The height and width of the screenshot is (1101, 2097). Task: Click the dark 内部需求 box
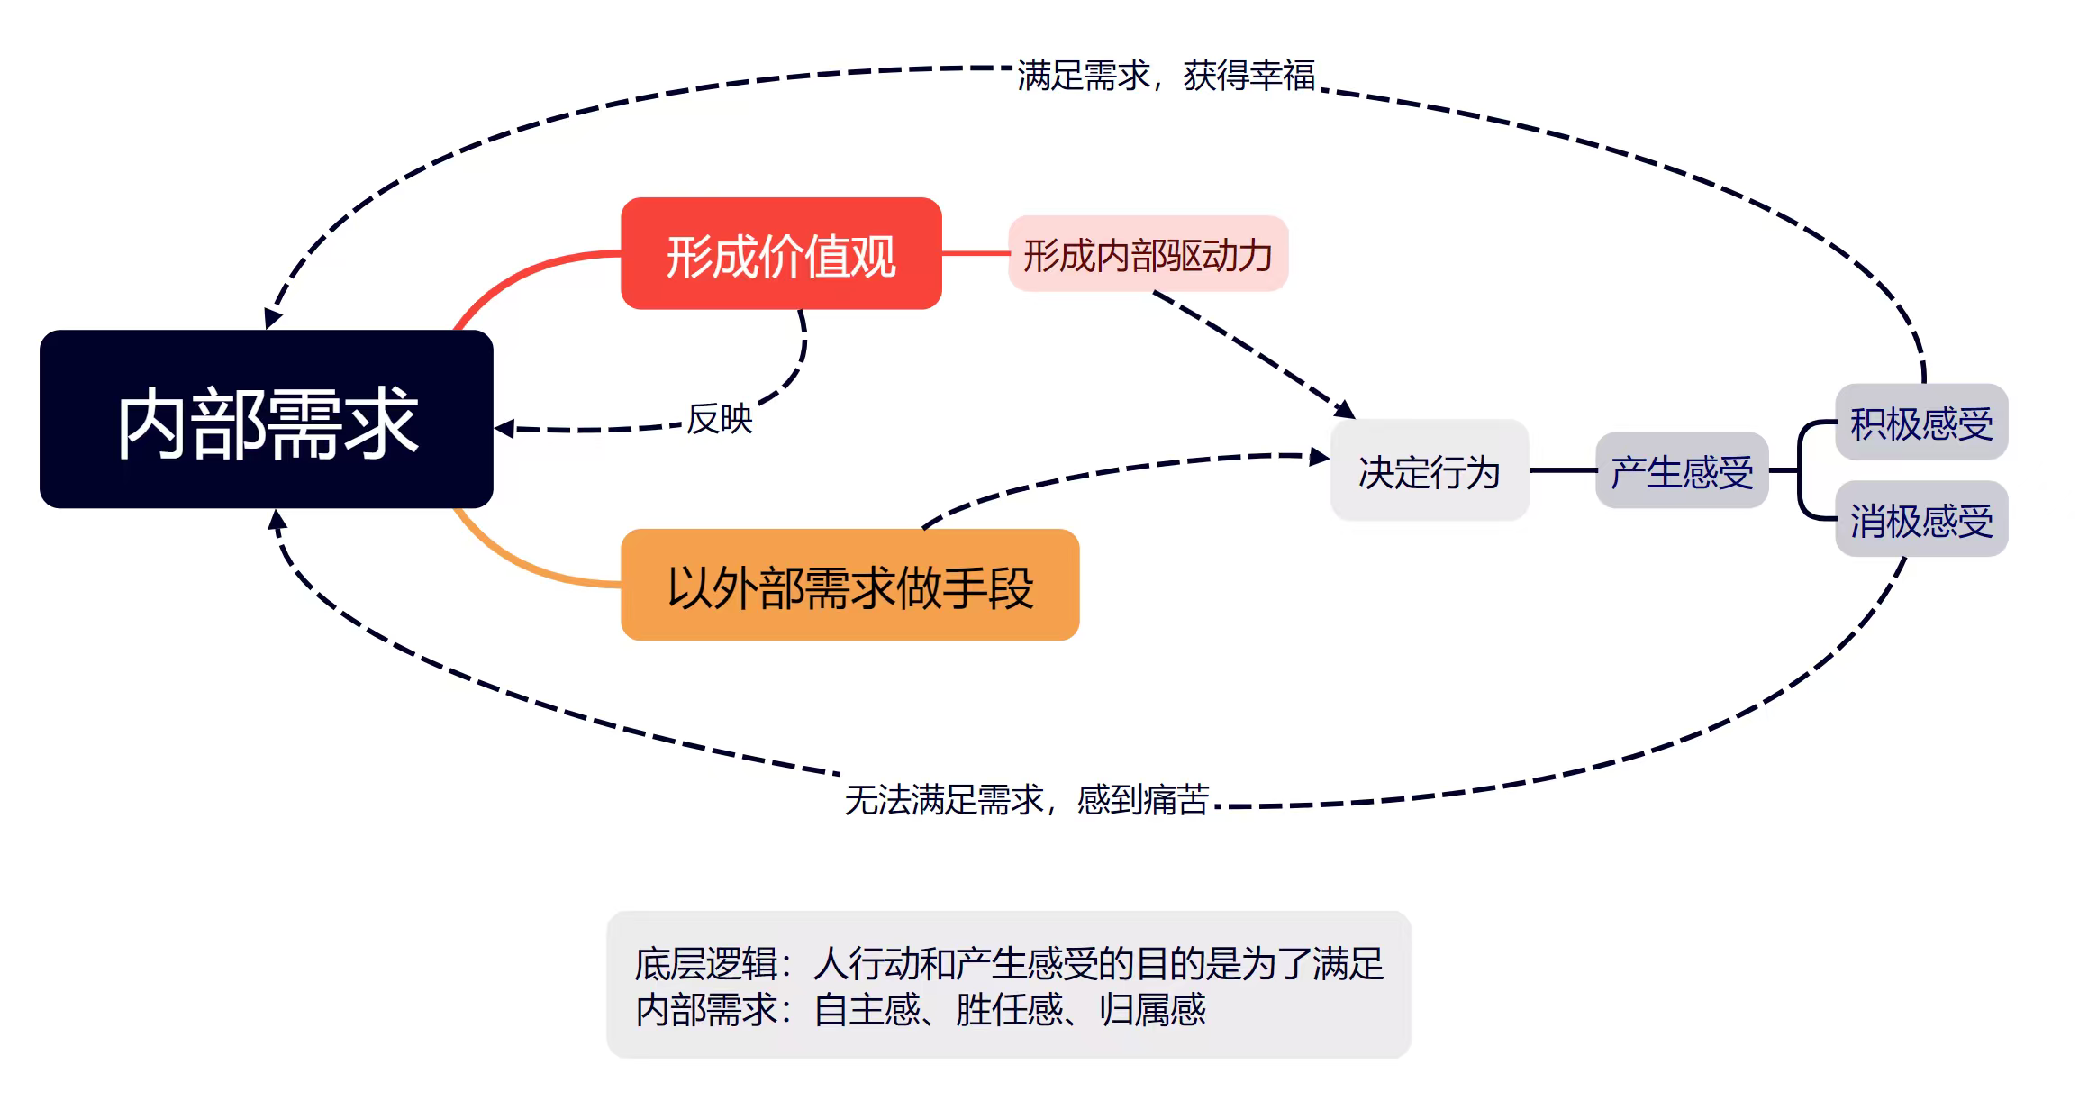click(x=267, y=419)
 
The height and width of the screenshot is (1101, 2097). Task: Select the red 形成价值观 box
click(x=781, y=254)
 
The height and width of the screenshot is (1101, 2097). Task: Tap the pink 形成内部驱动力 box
click(x=1148, y=255)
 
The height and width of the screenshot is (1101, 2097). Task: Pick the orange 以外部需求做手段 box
click(x=849, y=586)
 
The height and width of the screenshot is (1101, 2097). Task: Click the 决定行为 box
click(x=1429, y=471)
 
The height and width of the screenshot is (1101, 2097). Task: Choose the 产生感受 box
click(x=1682, y=471)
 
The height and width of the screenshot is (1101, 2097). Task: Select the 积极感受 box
click(x=1921, y=423)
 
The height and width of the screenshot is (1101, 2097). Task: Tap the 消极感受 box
click(x=1921, y=520)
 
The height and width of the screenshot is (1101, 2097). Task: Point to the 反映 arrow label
click(x=719, y=419)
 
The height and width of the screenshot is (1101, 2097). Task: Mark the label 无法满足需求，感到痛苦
click(x=1027, y=799)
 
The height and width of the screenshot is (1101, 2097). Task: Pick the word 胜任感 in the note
click(x=1009, y=1010)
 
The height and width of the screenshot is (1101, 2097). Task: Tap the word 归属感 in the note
click(x=1152, y=1010)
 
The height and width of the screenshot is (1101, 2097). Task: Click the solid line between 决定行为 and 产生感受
click(x=1562, y=470)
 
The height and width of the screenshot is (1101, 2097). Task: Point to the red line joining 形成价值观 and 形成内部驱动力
click(x=975, y=254)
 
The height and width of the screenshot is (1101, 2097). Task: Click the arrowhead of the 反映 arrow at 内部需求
click(x=504, y=429)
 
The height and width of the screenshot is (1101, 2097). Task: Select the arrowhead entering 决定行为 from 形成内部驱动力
click(x=1345, y=410)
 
